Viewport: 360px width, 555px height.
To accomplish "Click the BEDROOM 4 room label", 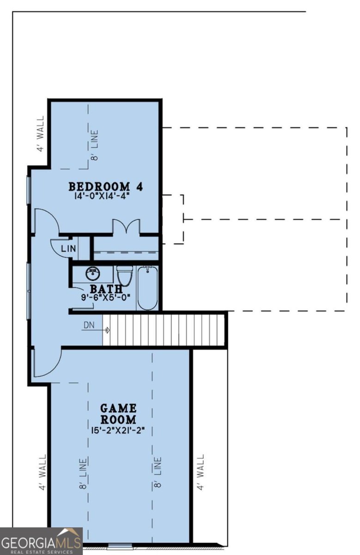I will coord(105,187).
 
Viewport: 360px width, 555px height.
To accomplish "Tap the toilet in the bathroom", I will coord(124,276).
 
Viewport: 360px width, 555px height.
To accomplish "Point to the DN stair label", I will coord(89,326).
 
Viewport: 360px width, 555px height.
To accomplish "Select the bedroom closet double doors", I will coord(126,227).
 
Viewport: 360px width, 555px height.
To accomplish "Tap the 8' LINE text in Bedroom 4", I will coord(95,145).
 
